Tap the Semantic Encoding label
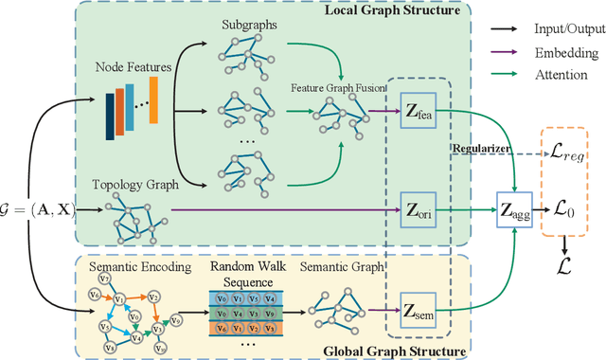130,267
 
